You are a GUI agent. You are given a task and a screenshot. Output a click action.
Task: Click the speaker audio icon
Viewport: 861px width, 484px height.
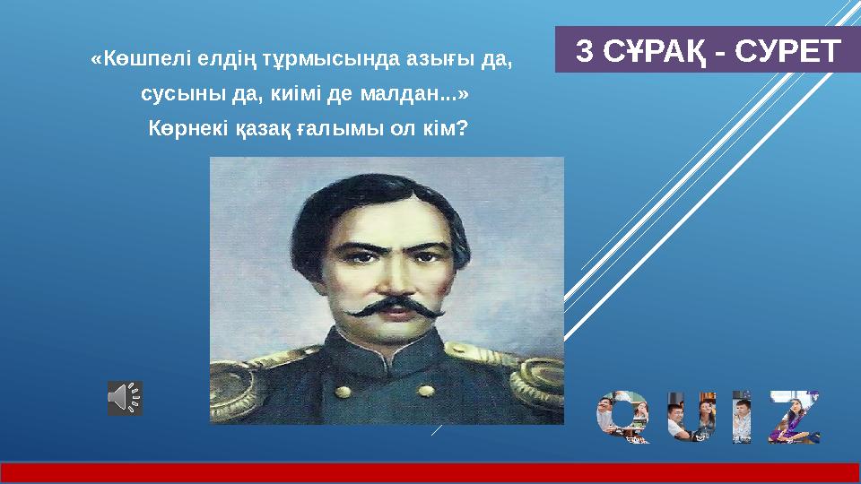pos(125,398)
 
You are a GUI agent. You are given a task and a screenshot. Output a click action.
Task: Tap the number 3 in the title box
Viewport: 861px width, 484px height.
pos(583,52)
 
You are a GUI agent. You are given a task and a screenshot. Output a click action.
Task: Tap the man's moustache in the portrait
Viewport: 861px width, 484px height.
pos(393,311)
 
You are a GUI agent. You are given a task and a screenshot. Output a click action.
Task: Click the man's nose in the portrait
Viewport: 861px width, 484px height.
pos(391,278)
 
